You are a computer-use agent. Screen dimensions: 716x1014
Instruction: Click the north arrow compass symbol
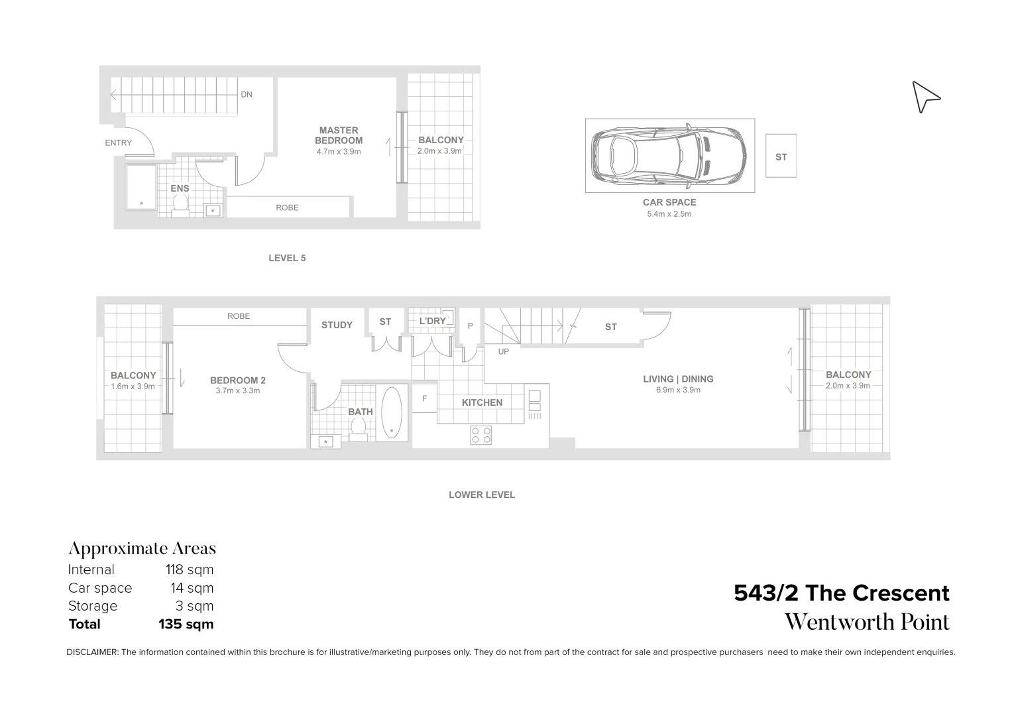925,97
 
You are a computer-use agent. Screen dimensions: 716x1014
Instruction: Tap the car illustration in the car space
669,156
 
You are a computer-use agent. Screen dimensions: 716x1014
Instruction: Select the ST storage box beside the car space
781,156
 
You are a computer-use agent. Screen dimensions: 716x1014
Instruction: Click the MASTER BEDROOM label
338,135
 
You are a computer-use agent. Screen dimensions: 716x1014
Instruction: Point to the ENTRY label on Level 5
118,143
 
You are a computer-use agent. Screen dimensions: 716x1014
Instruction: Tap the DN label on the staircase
246,95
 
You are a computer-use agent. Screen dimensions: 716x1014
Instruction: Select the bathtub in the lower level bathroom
392,412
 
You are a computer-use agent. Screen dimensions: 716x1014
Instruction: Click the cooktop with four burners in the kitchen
481,435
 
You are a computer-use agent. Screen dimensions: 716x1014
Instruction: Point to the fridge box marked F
424,399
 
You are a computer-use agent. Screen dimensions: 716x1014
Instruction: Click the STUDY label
337,325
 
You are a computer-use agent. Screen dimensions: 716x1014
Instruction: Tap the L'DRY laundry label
432,321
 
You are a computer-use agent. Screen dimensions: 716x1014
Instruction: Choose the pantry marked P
470,326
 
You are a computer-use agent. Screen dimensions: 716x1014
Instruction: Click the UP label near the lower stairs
503,351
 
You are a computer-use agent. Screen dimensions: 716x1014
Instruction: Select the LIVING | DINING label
678,379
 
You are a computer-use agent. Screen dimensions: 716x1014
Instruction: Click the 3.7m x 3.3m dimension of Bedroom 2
237,390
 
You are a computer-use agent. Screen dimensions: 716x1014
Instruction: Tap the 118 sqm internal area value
189,569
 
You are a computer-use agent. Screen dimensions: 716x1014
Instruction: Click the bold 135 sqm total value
186,624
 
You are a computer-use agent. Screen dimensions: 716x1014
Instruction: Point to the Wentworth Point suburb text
867,622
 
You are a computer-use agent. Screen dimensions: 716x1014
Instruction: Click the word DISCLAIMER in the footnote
92,652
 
